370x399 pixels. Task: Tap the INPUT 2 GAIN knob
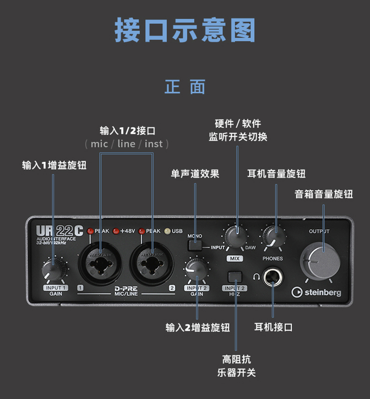click(197, 269)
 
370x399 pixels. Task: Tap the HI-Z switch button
click(235, 277)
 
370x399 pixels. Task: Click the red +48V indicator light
click(116, 231)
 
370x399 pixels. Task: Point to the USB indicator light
click(167, 231)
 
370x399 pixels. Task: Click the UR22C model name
click(60, 231)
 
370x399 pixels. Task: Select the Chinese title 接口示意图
click(185, 30)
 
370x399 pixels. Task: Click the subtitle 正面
click(185, 87)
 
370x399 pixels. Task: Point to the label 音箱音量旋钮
click(324, 194)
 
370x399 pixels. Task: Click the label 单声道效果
click(195, 174)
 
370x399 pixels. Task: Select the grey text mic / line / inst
click(127, 144)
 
